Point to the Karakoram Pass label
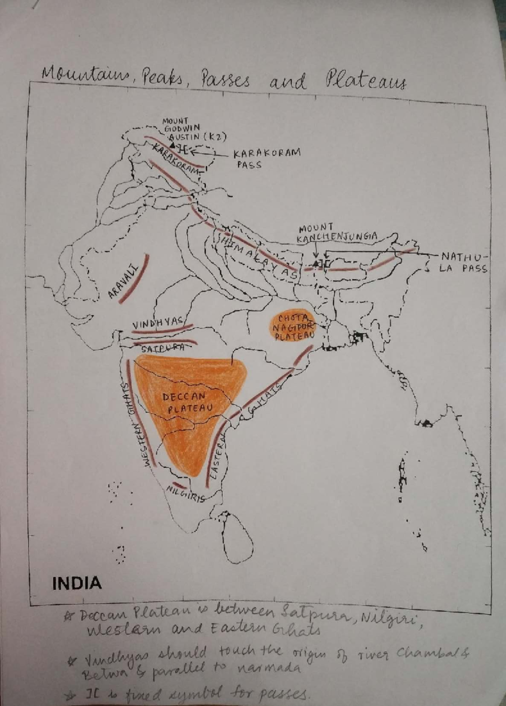266,158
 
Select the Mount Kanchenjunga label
336,233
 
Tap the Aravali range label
123,281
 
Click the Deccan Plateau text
187,403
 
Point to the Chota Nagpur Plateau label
294,327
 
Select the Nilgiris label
186,494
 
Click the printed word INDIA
77,584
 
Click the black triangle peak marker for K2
172,145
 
